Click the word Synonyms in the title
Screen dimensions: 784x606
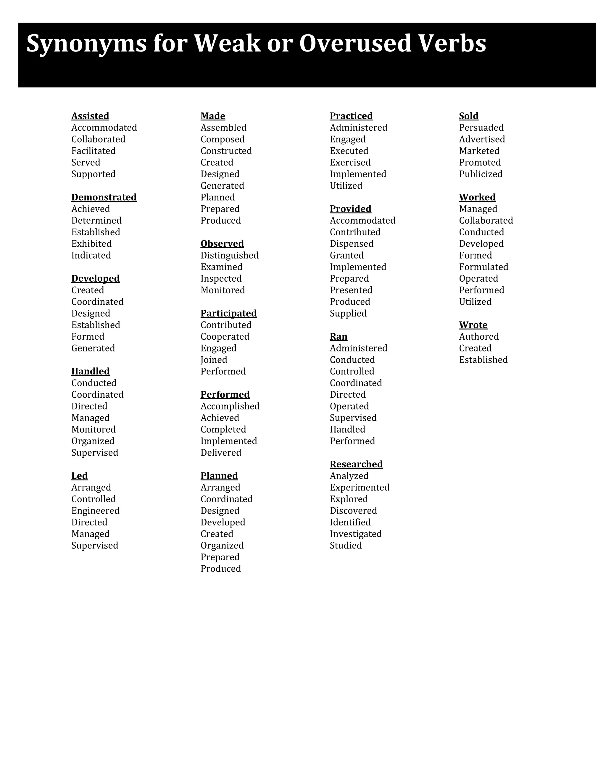click(x=86, y=44)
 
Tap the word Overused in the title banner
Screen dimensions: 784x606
click(x=355, y=43)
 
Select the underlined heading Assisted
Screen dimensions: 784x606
click(x=90, y=116)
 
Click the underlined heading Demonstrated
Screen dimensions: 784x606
click(x=104, y=197)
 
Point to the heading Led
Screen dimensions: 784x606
click(x=79, y=476)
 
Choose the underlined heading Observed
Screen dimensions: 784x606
click(x=222, y=243)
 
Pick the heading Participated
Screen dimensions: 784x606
click(x=228, y=313)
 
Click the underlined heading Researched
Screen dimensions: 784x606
click(x=356, y=464)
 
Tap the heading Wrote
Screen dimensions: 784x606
click(x=473, y=325)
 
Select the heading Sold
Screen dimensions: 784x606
click(x=468, y=116)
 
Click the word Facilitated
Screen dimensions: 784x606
click(x=93, y=151)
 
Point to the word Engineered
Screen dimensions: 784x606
click(x=95, y=510)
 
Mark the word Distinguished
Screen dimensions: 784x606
click(x=229, y=255)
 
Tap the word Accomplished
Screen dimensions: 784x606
click(x=230, y=406)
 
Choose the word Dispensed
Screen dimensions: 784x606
click(x=352, y=244)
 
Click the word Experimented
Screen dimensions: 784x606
click(x=359, y=488)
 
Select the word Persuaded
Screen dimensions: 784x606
click(x=481, y=128)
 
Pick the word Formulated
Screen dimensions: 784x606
click(x=483, y=267)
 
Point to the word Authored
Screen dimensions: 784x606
click(x=478, y=336)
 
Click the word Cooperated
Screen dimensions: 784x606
click(x=225, y=336)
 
